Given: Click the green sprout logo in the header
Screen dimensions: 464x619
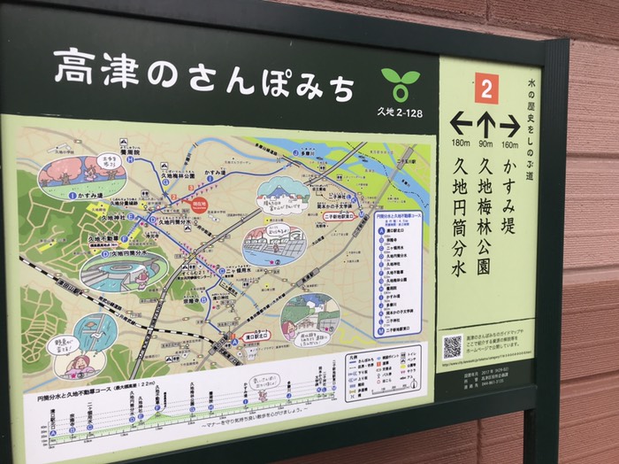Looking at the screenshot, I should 401,84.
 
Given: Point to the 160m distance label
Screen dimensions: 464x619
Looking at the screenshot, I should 510,144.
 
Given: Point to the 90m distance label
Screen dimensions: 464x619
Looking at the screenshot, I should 485,143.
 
